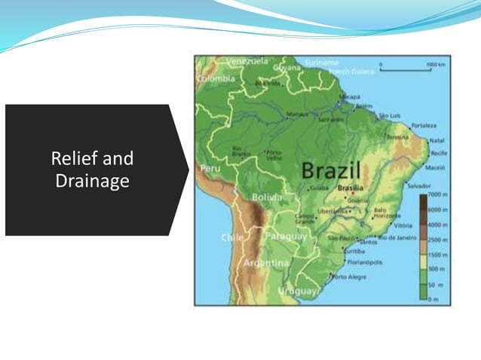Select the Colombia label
216,78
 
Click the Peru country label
210,168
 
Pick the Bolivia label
267,197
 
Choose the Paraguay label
287,236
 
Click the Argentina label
265,263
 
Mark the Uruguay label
298,290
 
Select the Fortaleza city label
424,125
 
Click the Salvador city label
419,185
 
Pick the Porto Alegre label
349,277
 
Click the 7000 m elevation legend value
439,194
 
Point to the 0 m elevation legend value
434,299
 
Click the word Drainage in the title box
92,182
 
